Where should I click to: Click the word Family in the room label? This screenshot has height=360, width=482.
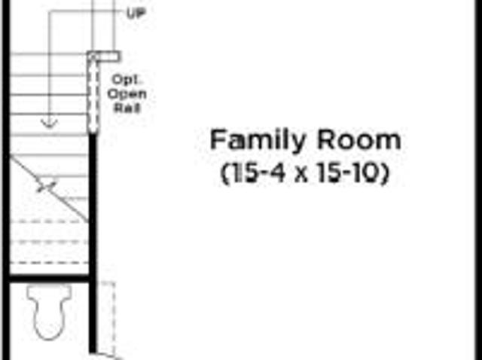[x=258, y=141]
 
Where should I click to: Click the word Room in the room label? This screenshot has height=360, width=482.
[x=358, y=140]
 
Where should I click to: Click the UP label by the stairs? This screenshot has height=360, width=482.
[x=136, y=14]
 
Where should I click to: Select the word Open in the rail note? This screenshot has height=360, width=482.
[x=127, y=94]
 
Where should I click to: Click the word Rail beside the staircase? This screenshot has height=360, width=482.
[x=127, y=108]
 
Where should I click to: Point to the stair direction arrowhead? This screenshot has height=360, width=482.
[x=49, y=124]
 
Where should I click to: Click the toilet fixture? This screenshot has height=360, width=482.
[x=49, y=312]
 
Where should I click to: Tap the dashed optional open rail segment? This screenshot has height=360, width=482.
[x=93, y=96]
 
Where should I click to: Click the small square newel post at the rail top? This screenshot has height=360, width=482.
[x=93, y=56]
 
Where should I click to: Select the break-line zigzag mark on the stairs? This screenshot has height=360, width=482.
[x=47, y=186]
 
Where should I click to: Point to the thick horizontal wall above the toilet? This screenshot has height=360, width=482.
[x=49, y=278]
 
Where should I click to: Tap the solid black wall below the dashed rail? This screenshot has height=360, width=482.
[x=93, y=243]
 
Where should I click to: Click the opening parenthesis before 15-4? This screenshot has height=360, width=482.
[x=225, y=174]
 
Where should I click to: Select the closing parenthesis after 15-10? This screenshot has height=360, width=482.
[x=385, y=174]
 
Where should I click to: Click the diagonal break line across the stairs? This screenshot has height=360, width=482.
[x=49, y=189]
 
